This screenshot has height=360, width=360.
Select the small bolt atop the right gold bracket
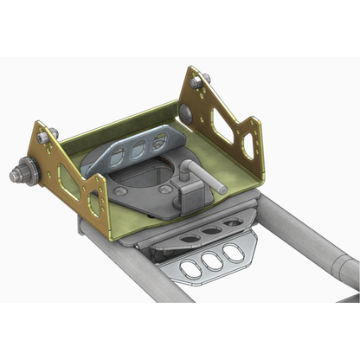point(196,81)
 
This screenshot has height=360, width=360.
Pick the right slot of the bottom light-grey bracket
point(231,254)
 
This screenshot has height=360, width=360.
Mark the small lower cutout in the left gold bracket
point(92,204)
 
